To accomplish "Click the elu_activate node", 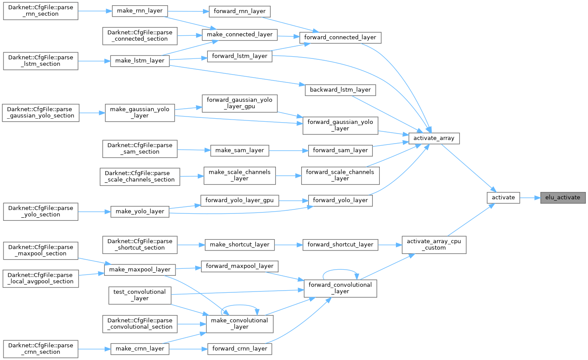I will tap(562, 197).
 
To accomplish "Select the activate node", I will tap(503, 197).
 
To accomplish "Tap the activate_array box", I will tap(434, 138).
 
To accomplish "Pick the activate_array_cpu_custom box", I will tap(433, 244).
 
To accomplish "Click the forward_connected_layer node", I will tap(340, 37).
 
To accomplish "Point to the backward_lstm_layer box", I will tap(340, 90).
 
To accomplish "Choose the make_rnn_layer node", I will tap(140, 11).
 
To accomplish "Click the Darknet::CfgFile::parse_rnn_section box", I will tap(41, 11).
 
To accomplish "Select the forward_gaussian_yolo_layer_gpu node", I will tap(239, 103).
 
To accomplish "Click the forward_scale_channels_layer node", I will tap(340, 175).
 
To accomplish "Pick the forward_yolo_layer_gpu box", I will tap(239, 201).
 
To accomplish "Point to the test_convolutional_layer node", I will tap(139, 295).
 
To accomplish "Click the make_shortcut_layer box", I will tap(240, 245).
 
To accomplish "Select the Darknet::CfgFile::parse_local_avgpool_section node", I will tap(41, 278).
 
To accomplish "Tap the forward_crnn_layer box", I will tap(239, 349).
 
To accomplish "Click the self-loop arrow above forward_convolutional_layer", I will tap(340, 270).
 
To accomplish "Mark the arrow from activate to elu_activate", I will tap(530, 197).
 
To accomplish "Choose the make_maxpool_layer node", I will tap(140, 270).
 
